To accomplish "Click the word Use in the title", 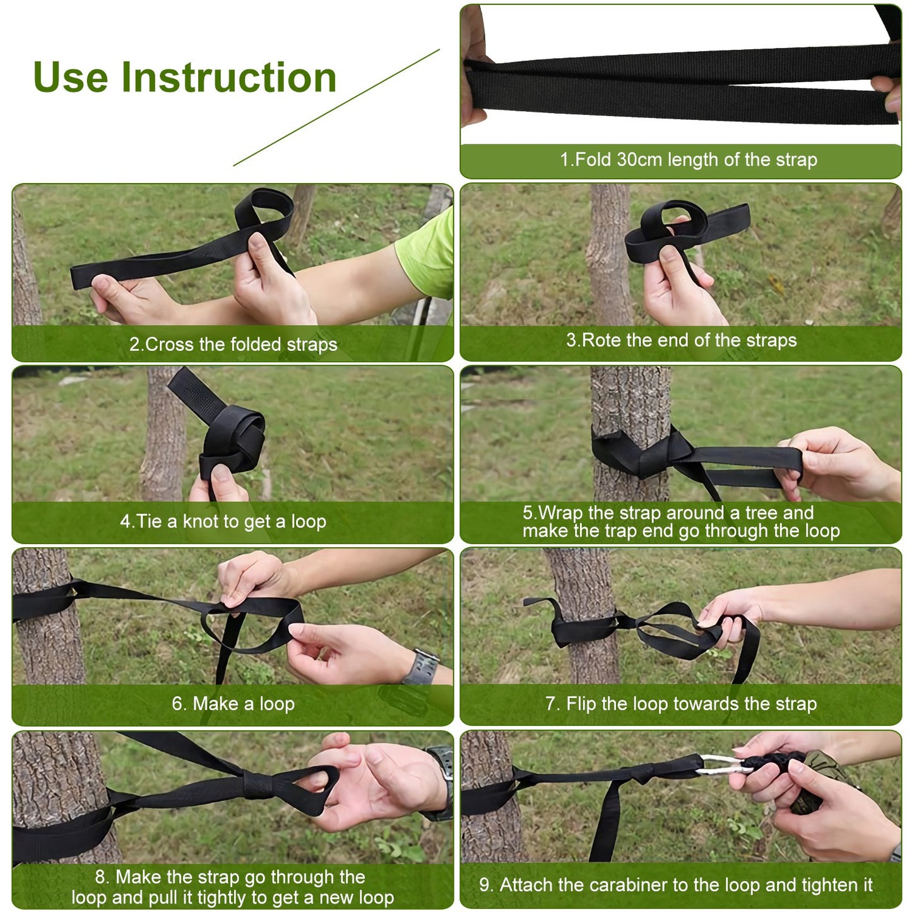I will pos(70,77).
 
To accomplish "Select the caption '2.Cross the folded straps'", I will pos(233,344).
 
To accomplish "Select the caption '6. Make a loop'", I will pos(233,704).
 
